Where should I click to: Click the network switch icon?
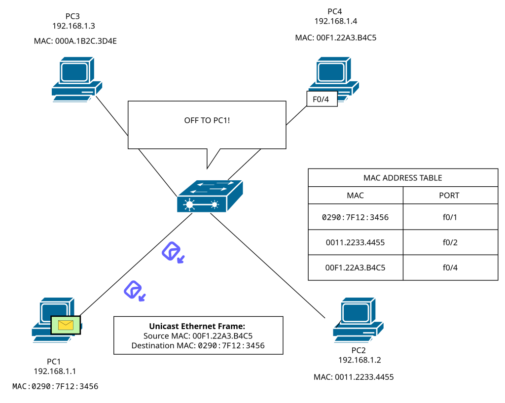pyautogui.click(x=210, y=196)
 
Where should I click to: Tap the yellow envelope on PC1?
pyautogui.click(x=66, y=325)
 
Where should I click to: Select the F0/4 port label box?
pyautogui.click(x=322, y=99)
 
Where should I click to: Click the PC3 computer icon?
pyautogui.click(x=77, y=79)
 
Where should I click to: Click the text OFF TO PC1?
pyautogui.click(x=207, y=120)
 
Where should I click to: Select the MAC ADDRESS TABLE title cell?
pyautogui.click(x=403, y=178)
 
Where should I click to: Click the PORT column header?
pyautogui.click(x=449, y=196)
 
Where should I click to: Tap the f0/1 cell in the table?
pyautogui.click(x=449, y=217)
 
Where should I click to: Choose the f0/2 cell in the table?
pyautogui.click(x=449, y=242)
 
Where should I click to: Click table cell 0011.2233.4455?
pyautogui.click(x=355, y=242)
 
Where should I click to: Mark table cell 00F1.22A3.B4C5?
pyautogui.click(x=355, y=268)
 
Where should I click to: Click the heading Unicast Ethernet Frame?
pyautogui.click(x=197, y=326)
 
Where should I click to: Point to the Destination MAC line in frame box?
pyautogui.click(x=198, y=346)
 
